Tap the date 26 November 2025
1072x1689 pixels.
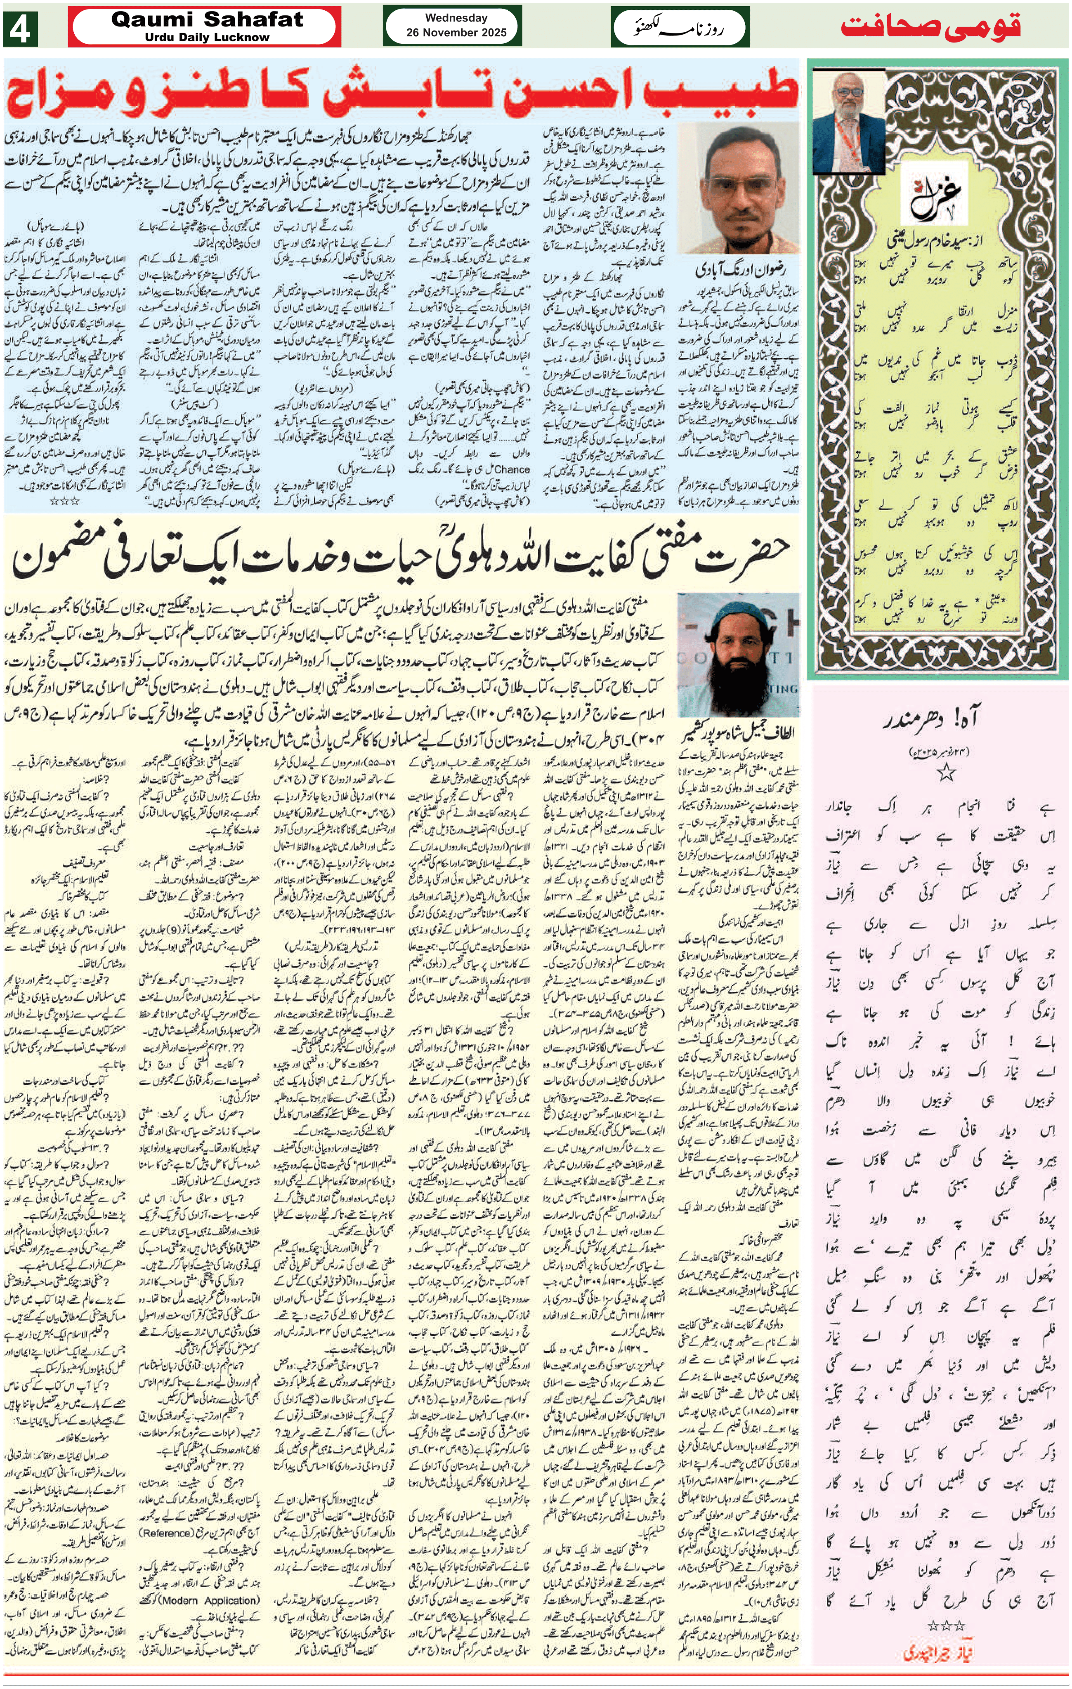(x=456, y=32)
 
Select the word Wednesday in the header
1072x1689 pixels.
(x=456, y=18)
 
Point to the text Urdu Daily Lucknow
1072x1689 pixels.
(x=207, y=37)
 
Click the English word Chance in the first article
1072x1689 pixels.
(x=512, y=469)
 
